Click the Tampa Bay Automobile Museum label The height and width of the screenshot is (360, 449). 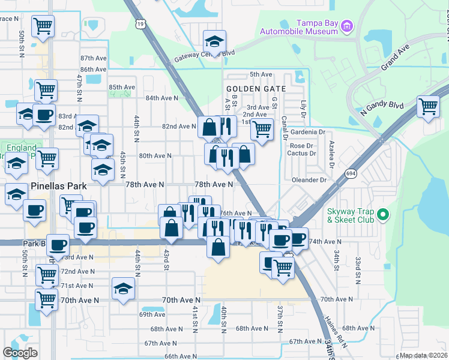point(298,31)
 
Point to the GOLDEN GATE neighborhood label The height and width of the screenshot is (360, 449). point(252,88)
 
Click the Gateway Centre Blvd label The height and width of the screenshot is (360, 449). point(203,56)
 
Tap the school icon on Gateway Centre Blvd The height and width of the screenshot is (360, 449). point(214,41)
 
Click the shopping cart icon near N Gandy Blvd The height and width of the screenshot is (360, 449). point(428,107)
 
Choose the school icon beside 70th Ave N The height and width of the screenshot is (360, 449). point(123,289)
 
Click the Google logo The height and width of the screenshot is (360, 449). point(20,353)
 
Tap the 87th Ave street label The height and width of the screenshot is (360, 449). point(92,58)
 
